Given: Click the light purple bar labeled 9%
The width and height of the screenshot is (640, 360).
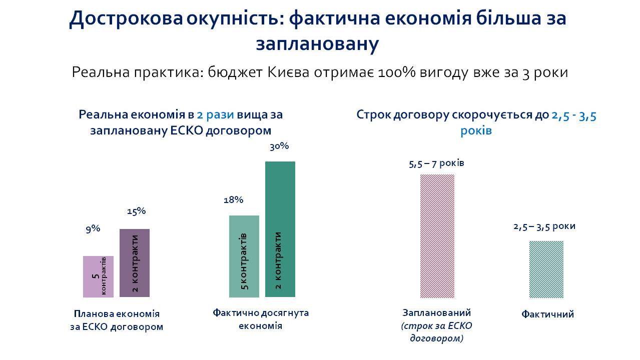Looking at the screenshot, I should (x=98, y=276).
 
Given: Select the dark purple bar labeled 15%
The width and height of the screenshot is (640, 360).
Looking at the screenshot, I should (x=135, y=263).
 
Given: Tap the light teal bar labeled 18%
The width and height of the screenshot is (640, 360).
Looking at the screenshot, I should (x=244, y=256).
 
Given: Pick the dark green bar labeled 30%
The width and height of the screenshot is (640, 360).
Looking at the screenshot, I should (x=280, y=229).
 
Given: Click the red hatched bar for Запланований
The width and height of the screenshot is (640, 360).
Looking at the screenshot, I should (x=437, y=235).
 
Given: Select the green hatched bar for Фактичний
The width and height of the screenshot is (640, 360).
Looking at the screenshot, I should (x=546, y=269).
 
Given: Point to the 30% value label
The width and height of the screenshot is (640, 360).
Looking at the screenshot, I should (x=279, y=147).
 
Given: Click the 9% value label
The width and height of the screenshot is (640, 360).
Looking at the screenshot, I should (x=93, y=229).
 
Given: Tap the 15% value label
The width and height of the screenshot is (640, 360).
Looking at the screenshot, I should (x=136, y=211).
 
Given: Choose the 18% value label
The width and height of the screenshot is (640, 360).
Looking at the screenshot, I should (x=233, y=200).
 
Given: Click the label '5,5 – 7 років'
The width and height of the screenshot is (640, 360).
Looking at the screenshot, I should (x=437, y=163).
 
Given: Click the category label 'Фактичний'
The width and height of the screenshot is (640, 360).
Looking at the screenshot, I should (x=547, y=314).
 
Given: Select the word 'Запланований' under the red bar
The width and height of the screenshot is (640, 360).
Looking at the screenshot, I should (x=437, y=313).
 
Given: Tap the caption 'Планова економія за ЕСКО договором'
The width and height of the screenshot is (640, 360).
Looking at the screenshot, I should (x=117, y=320).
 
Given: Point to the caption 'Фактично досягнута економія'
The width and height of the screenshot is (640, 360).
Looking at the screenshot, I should (x=261, y=319).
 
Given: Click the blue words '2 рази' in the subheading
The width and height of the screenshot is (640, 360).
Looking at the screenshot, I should (x=215, y=114).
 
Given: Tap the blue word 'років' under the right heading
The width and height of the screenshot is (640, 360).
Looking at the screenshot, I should (x=476, y=131).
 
